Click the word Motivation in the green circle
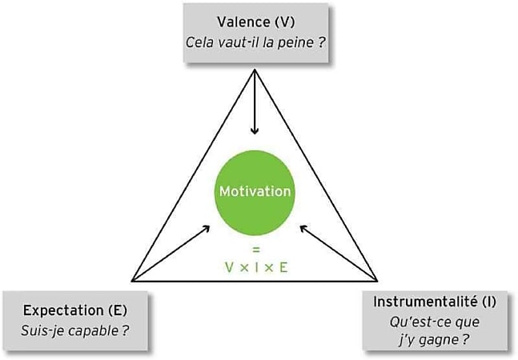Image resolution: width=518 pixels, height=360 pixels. pos(255,191)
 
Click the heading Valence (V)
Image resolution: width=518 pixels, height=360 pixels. pos(256,22)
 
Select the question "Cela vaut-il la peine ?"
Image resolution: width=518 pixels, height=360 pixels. pos(255,42)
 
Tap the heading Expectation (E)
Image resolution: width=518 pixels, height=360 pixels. pos(75,310)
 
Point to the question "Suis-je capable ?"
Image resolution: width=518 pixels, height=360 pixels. pos(75,330)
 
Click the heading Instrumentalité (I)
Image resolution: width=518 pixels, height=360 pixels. pos(435,302)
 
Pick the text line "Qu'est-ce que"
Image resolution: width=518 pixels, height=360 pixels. pos(435,322)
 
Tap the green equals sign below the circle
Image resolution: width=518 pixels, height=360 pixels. pos(255,250)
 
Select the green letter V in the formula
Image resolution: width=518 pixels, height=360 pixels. pos(229,268)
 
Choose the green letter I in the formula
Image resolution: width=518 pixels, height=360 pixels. pos(256,268)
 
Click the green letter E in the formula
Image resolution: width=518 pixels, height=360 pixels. pos(283,268)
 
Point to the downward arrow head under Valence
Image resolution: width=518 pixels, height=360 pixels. pos(255,130)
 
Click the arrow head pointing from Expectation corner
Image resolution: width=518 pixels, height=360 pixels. pos(207,228)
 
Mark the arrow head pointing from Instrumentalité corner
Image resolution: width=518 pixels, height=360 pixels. pos(303,228)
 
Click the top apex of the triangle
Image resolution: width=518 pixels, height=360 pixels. pos(255,69)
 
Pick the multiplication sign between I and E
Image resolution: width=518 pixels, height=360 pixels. pos(269,268)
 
